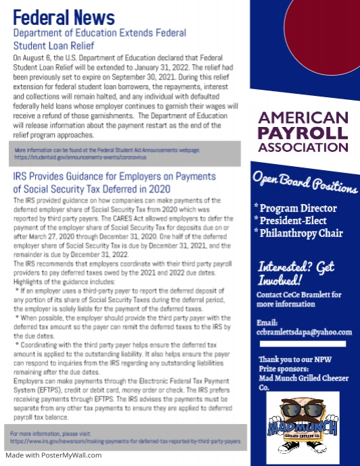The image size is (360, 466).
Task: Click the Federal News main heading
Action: [x=64, y=16]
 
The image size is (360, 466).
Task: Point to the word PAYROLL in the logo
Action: [x=303, y=132]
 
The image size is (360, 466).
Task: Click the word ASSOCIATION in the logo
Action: [x=303, y=147]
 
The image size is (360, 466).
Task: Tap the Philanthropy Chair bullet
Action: [x=299, y=234]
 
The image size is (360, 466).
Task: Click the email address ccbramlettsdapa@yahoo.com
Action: [x=305, y=332]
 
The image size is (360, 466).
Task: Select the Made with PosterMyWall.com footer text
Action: [x=54, y=455]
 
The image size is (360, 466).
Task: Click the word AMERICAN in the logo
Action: [x=303, y=117]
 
